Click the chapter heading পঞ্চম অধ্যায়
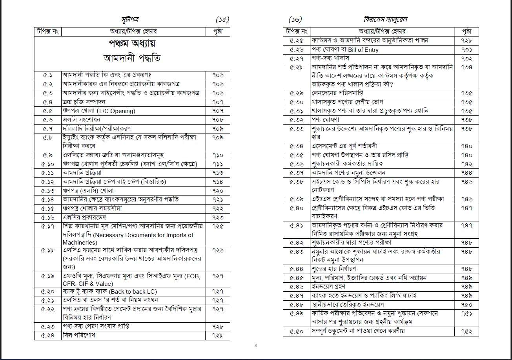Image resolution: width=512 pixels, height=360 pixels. (132, 43)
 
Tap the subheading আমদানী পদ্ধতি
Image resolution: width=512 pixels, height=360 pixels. (132, 58)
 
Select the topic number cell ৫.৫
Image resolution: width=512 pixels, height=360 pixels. (47, 111)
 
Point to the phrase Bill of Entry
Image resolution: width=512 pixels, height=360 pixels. (359, 50)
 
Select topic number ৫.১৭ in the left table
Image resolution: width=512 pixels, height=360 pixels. (47, 226)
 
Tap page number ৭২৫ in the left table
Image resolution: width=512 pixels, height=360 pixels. (218, 226)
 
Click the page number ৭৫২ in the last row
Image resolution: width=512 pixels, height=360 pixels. (466, 331)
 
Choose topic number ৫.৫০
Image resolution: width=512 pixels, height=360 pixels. (297, 331)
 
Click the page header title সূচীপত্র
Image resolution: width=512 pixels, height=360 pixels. (129, 19)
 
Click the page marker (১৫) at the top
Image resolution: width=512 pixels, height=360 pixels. (222, 20)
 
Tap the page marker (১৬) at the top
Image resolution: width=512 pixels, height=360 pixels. (295, 20)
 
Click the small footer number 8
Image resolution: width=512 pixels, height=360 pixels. (256, 345)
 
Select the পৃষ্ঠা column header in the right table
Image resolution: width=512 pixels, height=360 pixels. (466, 31)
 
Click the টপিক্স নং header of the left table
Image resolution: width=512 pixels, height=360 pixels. (47, 31)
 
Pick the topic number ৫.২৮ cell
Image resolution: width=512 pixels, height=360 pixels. (297, 67)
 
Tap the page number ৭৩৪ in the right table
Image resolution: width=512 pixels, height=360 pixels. (466, 67)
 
